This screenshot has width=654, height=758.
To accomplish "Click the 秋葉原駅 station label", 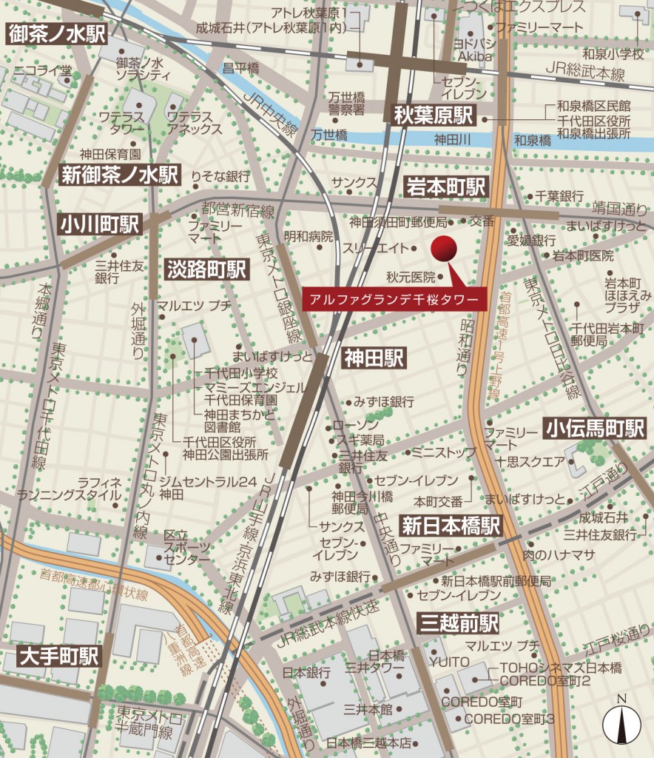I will [433, 115].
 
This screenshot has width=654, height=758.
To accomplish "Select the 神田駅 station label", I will [374, 359].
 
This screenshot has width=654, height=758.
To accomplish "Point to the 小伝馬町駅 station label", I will [595, 429].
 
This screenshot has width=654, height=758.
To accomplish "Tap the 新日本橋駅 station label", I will [451, 526].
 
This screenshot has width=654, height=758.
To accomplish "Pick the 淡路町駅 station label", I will [206, 269].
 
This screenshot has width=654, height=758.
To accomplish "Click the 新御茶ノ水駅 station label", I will [121, 175].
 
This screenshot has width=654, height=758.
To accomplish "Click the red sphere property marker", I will [445, 249].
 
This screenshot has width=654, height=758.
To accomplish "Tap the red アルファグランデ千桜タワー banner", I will [394, 299].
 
